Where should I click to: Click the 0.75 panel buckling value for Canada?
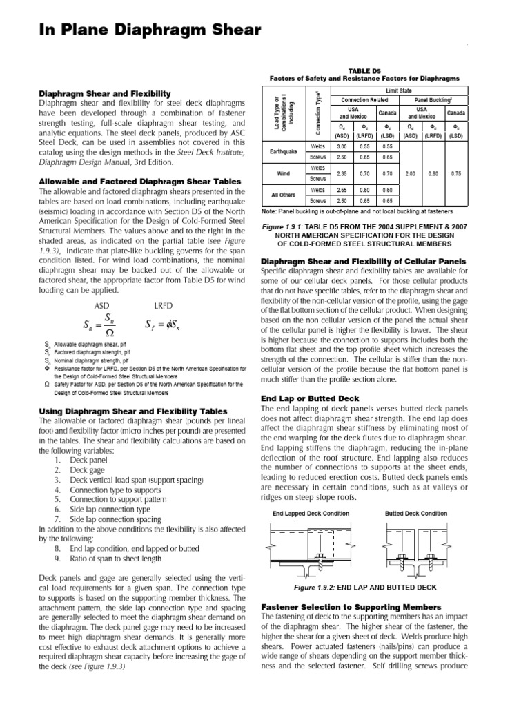point(455,175)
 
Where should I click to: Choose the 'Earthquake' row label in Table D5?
point(283,151)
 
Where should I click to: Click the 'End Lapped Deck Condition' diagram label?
point(311,514)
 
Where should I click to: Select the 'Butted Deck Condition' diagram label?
point(415,514)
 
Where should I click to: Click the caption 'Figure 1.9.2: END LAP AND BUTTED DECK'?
point(365,586)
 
